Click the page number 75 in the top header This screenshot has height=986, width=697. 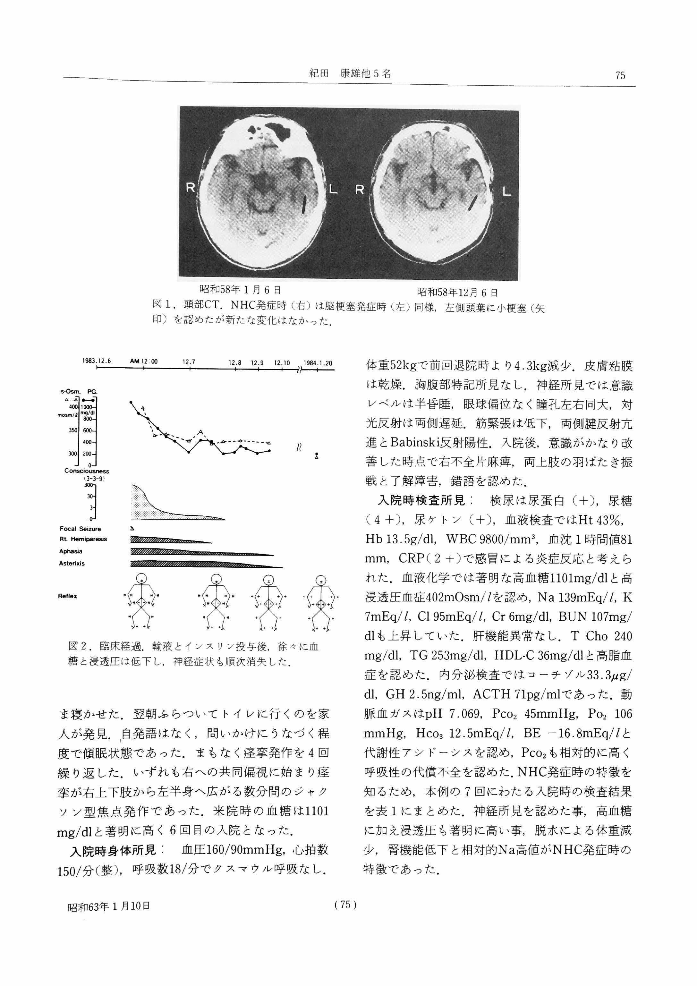pos(620,76)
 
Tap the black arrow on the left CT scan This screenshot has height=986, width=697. pos(304,205)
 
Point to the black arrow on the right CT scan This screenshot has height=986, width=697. pos(473,203)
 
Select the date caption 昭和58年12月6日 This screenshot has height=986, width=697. pos(458,293)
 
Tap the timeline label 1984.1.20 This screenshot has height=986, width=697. pos(318,363)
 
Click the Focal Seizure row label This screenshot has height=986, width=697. pos(80,529)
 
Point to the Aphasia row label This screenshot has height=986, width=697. pos(71,551)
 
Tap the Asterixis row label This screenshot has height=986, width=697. pos(72,564)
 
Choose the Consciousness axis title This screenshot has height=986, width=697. pos(87,471)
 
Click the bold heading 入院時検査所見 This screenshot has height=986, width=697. pos(424,501)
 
